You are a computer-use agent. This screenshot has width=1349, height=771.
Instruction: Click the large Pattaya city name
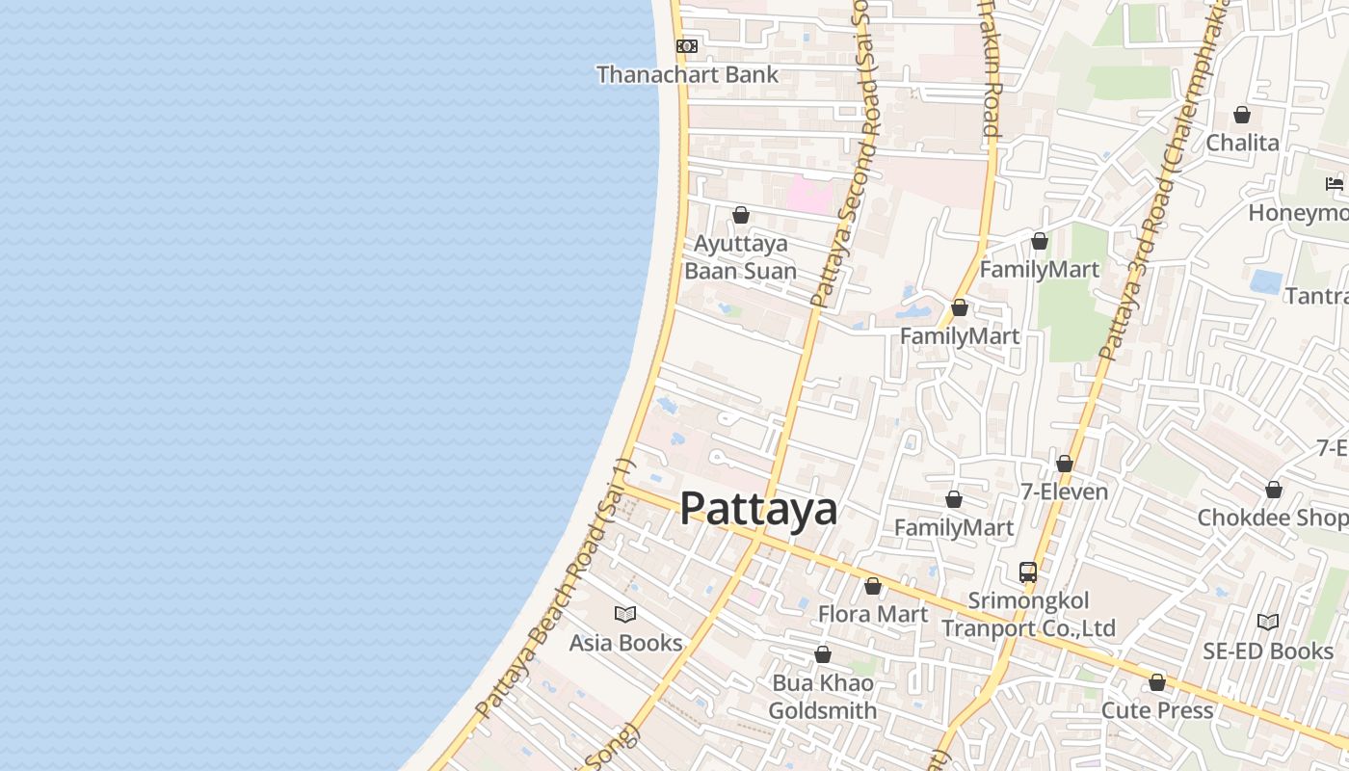point(758,509)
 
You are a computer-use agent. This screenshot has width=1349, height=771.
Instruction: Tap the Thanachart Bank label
point(687,74)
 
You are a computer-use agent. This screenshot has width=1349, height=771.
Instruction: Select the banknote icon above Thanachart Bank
point(686,45)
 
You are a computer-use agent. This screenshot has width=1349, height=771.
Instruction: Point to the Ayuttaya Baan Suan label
point(740,257)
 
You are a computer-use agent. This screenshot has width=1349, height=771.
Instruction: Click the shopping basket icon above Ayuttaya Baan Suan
point(741,215)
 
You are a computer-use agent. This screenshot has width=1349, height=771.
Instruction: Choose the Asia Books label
point(625,643)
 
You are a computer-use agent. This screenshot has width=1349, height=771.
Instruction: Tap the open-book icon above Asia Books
point(625,614)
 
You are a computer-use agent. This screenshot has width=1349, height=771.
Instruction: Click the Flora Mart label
point(873,614)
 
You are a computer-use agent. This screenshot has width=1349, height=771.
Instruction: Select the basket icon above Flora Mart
point(873,586)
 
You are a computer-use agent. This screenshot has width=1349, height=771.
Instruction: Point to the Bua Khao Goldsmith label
point(823,697)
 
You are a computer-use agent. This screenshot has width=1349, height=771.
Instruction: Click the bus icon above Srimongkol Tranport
point(1028,572)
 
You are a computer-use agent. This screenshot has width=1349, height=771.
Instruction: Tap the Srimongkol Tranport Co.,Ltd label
point(1028,615)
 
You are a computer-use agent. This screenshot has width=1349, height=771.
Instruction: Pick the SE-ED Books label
point(1267,651)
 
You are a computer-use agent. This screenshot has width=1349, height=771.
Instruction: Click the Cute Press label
point(1157,710)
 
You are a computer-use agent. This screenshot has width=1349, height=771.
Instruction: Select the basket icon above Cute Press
point(1157,682)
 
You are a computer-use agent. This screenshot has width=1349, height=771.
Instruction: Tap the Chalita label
point(1243,143)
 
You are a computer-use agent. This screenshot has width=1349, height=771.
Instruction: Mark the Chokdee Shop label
point(1272,518)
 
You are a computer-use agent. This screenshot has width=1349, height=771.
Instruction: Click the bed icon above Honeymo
point(1335,183)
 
